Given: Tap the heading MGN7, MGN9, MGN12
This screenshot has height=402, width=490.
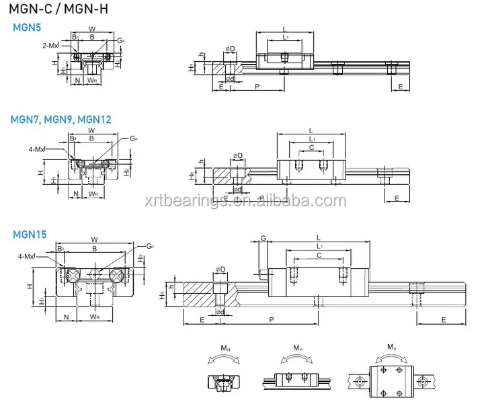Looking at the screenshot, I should click(x=60, y=120).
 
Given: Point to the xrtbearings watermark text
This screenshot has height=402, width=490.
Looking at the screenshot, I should click(x=246, y=200).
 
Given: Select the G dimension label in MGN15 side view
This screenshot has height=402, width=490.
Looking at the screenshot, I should click(x=263, y=238).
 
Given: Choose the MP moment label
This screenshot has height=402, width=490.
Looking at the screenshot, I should click(x=297, y=348).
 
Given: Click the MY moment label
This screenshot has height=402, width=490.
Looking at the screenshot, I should click(x=390, y=348).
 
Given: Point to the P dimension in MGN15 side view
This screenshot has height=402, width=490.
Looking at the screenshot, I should click(x=270, y=320).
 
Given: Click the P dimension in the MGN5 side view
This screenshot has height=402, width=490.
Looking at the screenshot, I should click(x=257, y=87).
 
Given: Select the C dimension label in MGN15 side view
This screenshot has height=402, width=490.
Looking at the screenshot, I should click(x=319, y=255).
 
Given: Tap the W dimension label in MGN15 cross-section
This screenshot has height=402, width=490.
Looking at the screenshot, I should click(x=94, y=239).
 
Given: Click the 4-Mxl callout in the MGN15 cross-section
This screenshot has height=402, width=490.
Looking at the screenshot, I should click(x=28, y=256).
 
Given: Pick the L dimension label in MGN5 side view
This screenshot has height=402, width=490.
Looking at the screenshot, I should click(x=286, y=29).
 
